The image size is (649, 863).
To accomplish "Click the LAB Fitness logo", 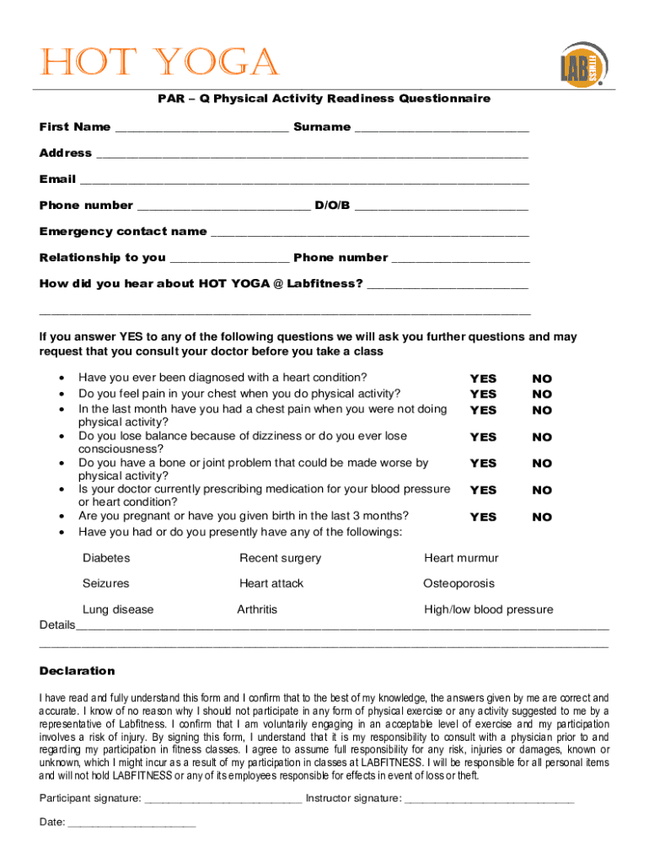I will pos(582,63).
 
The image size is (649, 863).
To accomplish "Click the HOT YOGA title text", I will pos(158,63).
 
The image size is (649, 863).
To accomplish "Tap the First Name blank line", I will pos(201,129).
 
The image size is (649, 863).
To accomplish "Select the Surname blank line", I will pos(442,129).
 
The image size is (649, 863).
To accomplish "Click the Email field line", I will pos(304,181).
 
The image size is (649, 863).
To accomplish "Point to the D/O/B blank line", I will pos(442,207).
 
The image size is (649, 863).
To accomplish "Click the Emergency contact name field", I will pos(369,233).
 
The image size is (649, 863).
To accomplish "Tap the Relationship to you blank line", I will pos(229,260).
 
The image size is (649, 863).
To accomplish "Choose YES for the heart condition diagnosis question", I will pos(483,379).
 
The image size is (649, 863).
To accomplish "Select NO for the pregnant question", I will pos(542,517).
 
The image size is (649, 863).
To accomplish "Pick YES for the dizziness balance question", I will pos(483,437).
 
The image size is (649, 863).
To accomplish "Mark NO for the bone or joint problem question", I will pos(542,464).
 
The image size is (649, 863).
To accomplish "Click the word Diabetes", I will pos(106,558).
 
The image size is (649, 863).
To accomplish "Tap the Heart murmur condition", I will pos(461,558).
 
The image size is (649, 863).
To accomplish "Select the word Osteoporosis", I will pos(459,583).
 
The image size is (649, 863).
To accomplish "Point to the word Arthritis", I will pos(257,609).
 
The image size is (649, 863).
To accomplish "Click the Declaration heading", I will pos(78,671).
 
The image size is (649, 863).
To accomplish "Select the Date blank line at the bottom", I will pos(131,825).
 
